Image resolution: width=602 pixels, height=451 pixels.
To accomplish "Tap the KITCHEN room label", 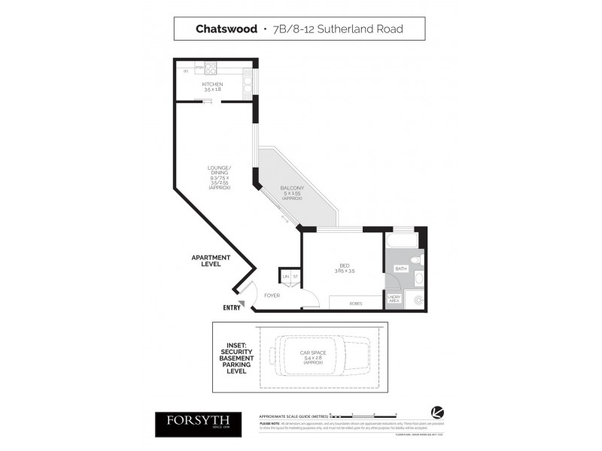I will tap(212, 86).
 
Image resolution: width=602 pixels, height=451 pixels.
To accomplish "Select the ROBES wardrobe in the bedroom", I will tap(356, 303).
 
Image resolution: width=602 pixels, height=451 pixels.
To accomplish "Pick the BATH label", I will tap(401, 268).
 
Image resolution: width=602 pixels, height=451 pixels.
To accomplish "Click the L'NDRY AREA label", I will tap(394, 299).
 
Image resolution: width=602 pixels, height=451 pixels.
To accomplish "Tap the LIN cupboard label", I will tap(286, 277).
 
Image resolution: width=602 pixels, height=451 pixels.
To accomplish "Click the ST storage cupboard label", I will tap(296, 277).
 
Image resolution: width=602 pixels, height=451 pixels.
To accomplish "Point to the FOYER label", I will tap(272, 295).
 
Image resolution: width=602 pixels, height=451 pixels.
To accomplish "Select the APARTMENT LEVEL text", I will tap(210, 261).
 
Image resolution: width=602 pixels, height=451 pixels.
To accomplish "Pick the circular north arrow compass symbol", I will tap(436, 412).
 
